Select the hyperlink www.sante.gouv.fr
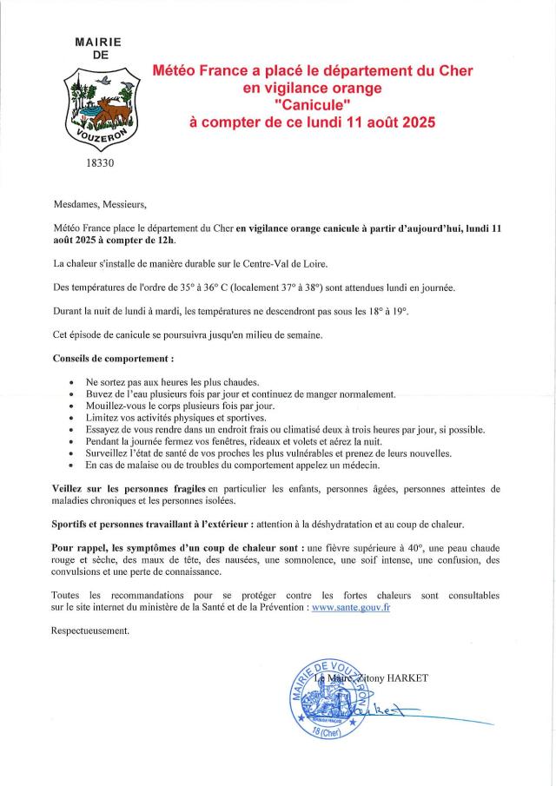coord(350,608)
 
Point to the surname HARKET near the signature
coord(405,677)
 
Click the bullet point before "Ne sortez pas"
coord(70,382)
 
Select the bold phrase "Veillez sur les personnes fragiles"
coord(129,488)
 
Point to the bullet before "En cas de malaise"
coord(70,466)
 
